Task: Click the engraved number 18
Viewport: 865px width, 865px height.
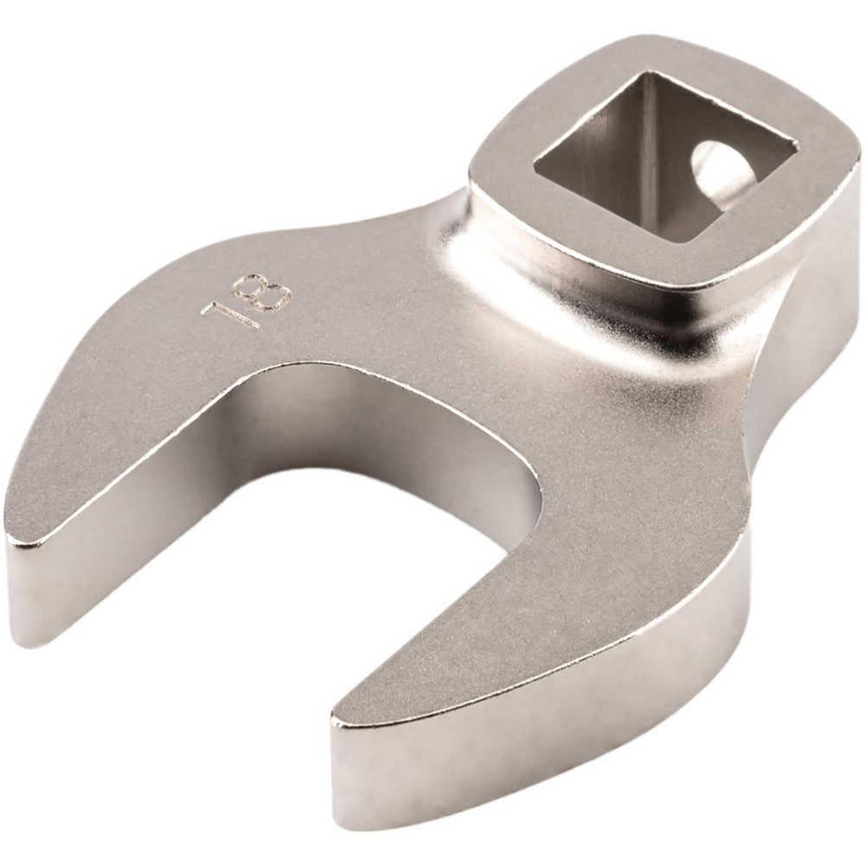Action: pos(247,302)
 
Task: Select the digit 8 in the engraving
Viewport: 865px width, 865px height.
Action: pos(265,292)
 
